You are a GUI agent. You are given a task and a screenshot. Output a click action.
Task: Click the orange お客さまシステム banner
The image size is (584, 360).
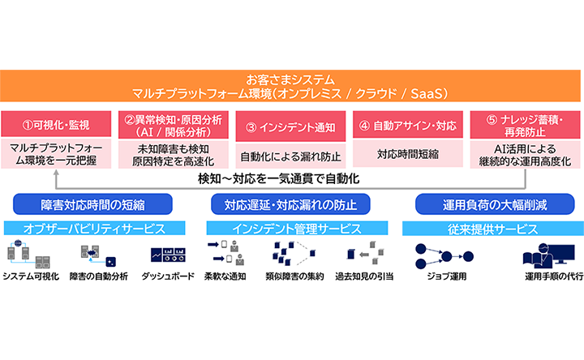pyautogui.click(x=290, y=86)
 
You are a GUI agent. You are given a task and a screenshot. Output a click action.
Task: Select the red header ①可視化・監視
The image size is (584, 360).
pyautogui.click(x=56, y=124)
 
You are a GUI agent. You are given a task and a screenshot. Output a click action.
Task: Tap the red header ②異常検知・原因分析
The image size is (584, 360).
pyautogui.click(x=174, y=125)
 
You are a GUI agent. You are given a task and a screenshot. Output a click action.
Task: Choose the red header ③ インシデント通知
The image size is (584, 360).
pyautogui.click(x=290, y=126)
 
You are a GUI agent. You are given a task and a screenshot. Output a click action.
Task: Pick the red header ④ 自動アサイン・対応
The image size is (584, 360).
pyautogui.click(x=408, y=125)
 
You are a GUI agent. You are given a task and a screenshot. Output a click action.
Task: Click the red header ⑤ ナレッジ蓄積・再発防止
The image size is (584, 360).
pyautogui.click(x=525, y=125)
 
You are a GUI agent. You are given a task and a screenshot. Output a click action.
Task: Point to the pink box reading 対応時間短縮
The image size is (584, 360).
pyautogui.click(x=408, y=153)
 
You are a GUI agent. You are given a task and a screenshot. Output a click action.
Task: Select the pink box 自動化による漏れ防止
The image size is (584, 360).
pyautogui.click(x=290, y=156)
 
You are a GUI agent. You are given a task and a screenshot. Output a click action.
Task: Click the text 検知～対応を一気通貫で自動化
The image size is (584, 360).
pyautogui.click(x=278, y=179)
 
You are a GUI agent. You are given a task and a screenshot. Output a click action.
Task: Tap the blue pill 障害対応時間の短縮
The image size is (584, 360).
pyautogui.click(x=92, y=204)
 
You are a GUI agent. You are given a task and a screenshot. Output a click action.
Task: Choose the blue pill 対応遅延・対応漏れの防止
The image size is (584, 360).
pyautogui.click(x=290, y=204)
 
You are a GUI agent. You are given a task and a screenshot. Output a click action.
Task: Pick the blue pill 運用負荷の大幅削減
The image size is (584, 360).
pyautogui.click(x=495, y=204)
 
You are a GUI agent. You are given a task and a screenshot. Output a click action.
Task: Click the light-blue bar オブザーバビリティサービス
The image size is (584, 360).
pyautogui.click(x=94, y=228)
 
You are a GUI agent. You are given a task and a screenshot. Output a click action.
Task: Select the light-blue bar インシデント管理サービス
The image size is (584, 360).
pyautogui.click(x=297, y=228)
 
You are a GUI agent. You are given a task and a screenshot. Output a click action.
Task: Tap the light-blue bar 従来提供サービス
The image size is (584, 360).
pyautogui.click(x=493, y=229)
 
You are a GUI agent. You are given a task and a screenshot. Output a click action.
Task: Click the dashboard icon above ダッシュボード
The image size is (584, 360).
pyautogui.click(x=169, y=255)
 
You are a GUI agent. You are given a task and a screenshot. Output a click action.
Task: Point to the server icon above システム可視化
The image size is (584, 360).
pyautogui.click(x=28, y=255)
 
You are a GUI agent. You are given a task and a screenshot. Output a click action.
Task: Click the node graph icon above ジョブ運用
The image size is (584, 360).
pyautogui.click(x=444, y=256)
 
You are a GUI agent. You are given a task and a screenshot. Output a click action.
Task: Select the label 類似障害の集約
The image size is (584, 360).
pyautogui.click(x=294, y=276)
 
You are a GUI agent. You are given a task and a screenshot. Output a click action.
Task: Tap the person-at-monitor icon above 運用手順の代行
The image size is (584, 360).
pyautogui.click(x=548, y=256)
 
